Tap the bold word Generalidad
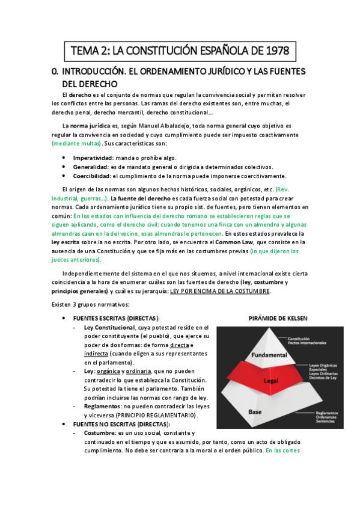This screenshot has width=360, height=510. tap(90, 166)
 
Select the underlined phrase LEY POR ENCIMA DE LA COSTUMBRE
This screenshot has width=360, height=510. tap(221, 291)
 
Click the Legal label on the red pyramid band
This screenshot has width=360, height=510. tap(270, 381)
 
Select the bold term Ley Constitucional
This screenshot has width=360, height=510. tap(109, 327)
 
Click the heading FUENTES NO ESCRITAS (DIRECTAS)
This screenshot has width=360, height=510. tap(115, 424)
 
